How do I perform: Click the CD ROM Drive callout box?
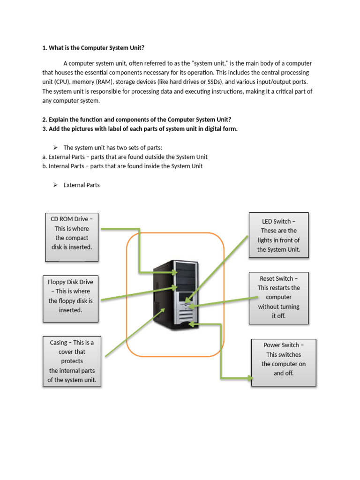(72, 237)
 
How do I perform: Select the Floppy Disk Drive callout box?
(70, 299)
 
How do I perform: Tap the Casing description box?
(72, 361)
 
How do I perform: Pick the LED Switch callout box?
(278, 235)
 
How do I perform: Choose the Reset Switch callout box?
(278, 298)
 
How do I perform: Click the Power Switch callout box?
(284, 362)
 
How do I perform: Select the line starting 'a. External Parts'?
(125, 157)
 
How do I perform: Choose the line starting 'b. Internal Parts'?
(122, 166)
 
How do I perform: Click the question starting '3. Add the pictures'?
(140, 129)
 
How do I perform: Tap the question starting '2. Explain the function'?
(136, 120)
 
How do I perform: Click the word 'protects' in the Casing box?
(72, 361)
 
